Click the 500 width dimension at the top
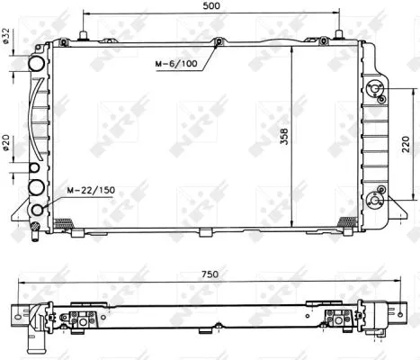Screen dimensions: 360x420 click(x=211, y=5)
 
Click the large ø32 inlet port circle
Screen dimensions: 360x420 click(x=37, y=65)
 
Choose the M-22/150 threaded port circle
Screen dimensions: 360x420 click(x=38, y=211)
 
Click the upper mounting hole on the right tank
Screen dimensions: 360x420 click(x=380, y=96)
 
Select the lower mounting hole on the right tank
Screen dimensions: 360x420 click(x=381, y=190)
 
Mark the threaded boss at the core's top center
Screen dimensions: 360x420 click(x=219, y=41)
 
